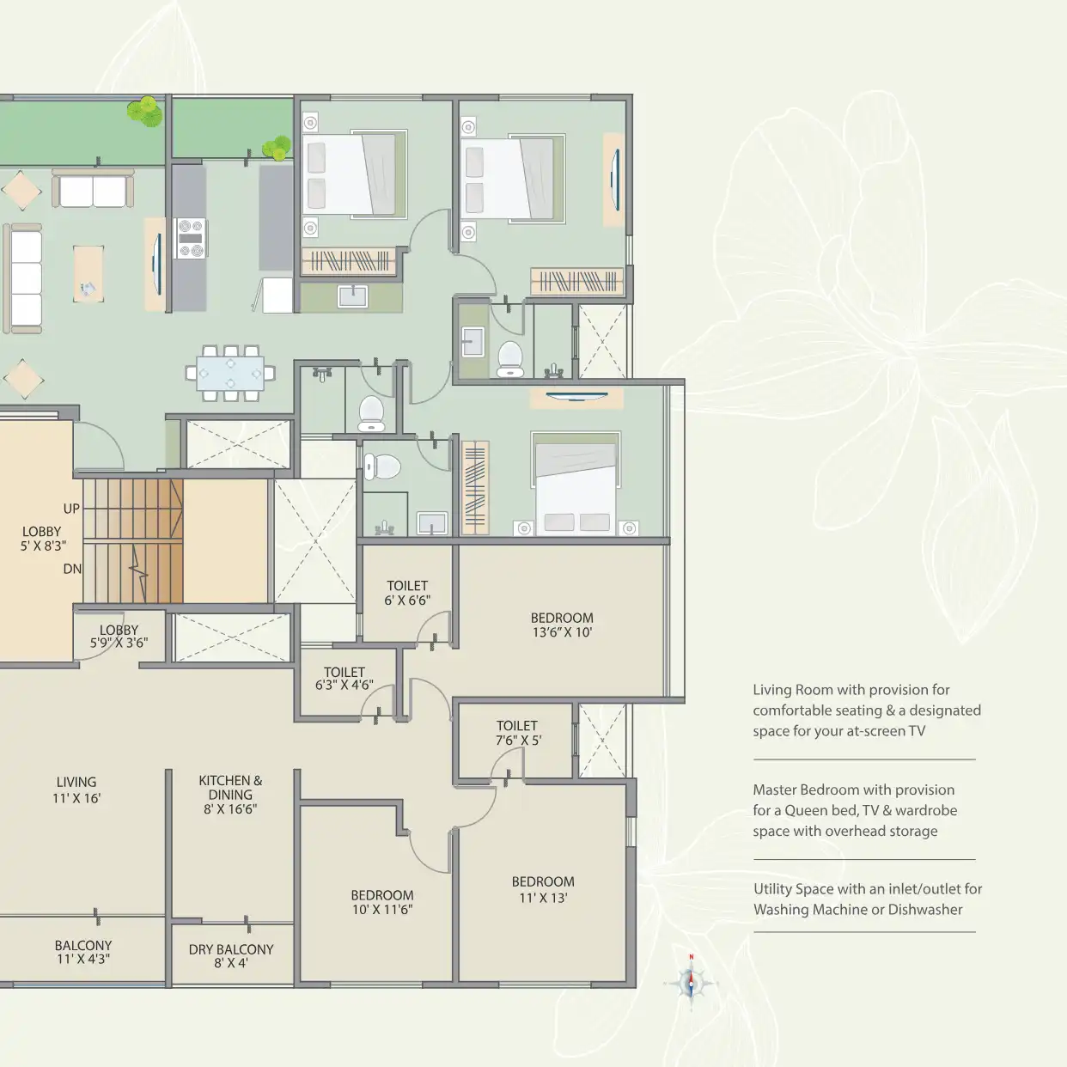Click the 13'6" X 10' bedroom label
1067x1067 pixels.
(x=562, y=625)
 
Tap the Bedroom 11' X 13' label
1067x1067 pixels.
(x=543, y=889)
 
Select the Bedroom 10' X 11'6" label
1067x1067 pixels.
(x=382, y=903)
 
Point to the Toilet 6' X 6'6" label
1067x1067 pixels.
(x=407, y=593)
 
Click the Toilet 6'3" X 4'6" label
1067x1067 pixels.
(x=344, y=679)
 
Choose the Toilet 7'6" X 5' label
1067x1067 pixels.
(x=518, y=733)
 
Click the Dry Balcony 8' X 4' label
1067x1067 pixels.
(x=231, y=955)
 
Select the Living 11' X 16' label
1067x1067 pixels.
(x=76, y=790)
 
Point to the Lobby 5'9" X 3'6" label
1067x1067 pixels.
(x=119, y=637)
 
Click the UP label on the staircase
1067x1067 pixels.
(x=71, y=509)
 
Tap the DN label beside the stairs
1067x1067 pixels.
(x=72, y=569)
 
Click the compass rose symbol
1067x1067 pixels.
(x=691, y=984)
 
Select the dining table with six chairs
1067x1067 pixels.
(x=230, y=373)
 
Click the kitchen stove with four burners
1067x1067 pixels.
(x=191, y=238)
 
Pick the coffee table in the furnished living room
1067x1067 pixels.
(x=88, y=274)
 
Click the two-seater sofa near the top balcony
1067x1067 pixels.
(x=93, y=188)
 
